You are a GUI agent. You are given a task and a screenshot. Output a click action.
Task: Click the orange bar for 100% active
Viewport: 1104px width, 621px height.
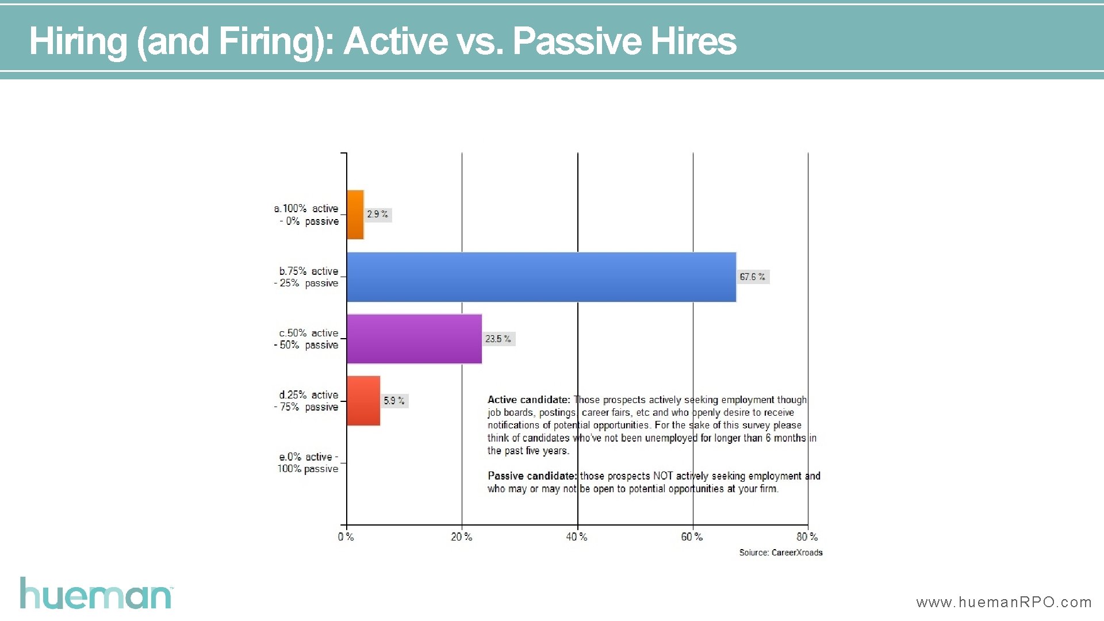355,214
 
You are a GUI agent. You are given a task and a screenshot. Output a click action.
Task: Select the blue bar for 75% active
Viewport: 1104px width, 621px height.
541,277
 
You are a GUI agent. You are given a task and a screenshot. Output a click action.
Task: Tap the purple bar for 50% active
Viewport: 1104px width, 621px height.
414,339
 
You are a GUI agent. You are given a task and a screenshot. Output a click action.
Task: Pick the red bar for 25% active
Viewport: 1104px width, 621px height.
363,401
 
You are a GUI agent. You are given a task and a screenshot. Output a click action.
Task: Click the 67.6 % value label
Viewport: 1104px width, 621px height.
752,277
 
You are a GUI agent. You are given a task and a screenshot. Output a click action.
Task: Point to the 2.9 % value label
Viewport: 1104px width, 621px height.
377,214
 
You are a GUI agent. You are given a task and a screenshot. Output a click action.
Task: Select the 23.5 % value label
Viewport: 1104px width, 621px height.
498,339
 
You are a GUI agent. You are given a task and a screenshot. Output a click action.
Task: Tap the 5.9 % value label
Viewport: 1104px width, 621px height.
394,401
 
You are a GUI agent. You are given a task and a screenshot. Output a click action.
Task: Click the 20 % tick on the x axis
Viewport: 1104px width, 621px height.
461,537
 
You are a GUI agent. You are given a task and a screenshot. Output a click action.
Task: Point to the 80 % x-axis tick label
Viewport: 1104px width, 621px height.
807,537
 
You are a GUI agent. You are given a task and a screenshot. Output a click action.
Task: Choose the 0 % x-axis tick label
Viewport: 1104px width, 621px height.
346,537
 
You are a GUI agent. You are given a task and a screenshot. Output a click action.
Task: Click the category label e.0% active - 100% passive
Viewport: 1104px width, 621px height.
308,463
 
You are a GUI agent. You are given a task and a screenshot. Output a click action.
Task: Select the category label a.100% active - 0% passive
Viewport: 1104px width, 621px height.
307,214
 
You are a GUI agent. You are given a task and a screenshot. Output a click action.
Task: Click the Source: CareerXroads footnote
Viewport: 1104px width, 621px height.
780,553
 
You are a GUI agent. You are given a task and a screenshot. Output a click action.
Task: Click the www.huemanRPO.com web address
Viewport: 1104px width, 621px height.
1003,602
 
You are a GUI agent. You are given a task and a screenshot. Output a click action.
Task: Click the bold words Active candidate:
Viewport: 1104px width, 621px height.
528,400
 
